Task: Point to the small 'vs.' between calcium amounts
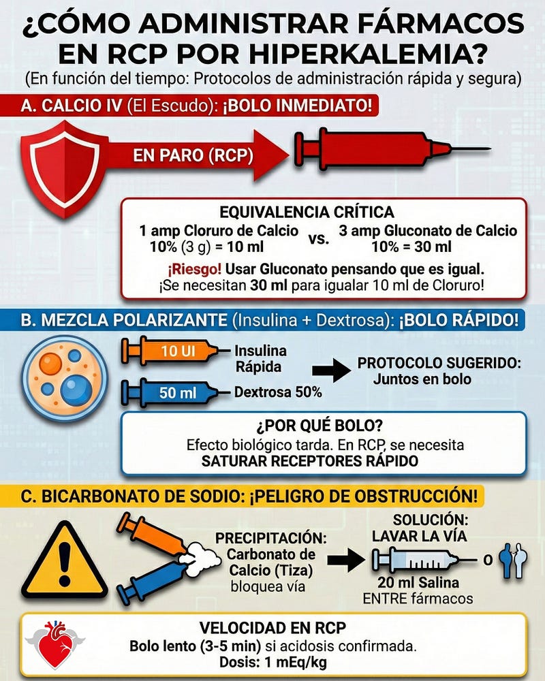point(319,240)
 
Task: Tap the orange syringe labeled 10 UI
point(170,351)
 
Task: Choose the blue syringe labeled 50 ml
point(170,392)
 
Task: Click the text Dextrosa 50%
point(279,393)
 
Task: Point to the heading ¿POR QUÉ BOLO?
point(324,427)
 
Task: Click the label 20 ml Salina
point(418,583)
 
